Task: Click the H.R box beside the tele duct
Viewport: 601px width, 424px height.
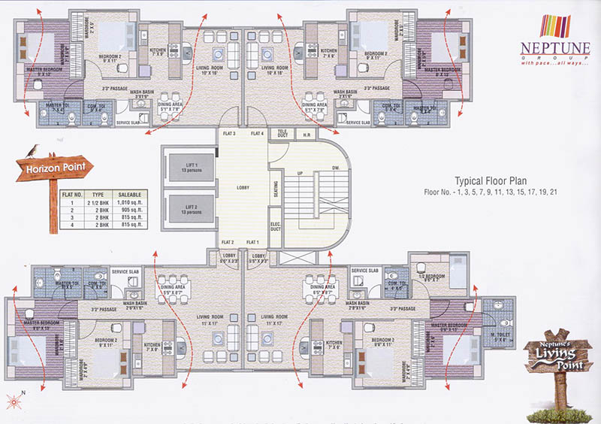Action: [x=307, y=135]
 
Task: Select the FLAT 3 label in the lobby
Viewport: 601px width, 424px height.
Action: [x=229, y=134]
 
